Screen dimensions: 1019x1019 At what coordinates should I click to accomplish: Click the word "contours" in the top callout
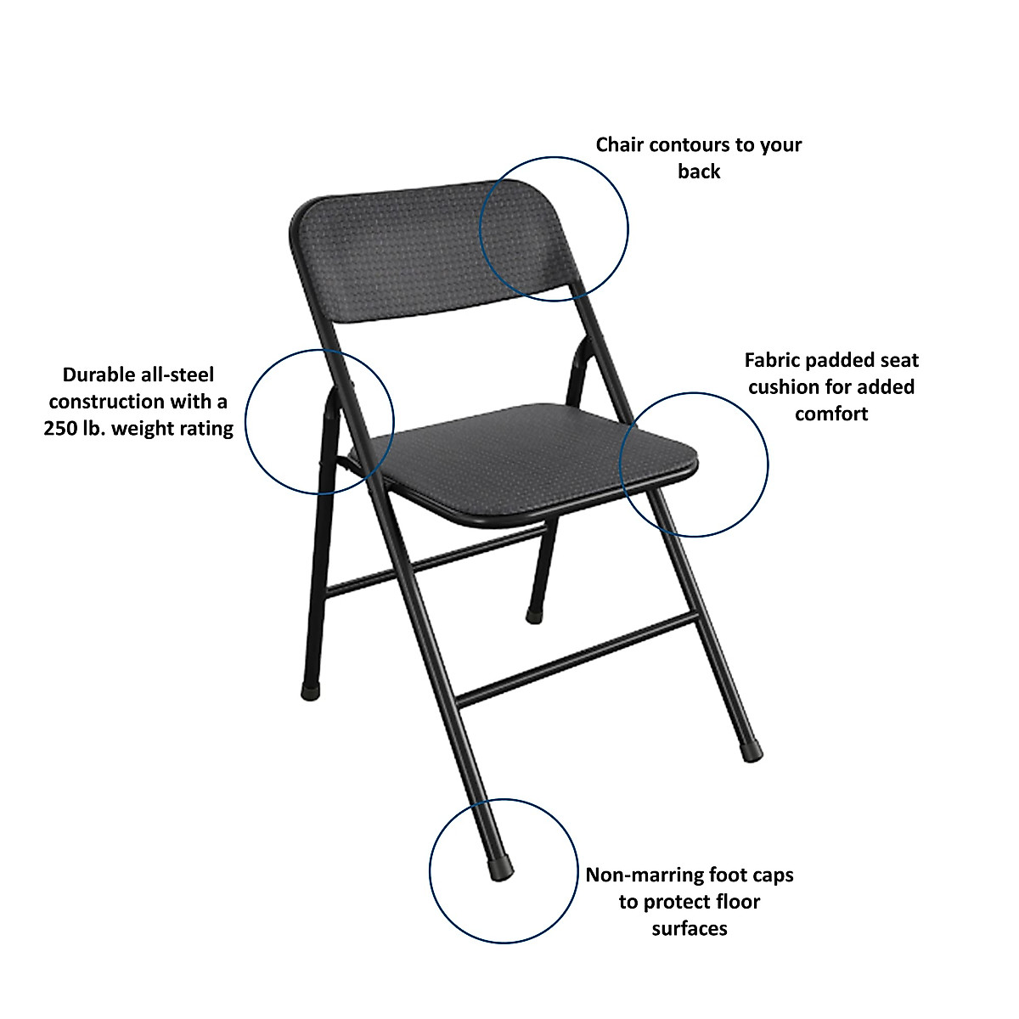pyautogui.click(x=675, y=145)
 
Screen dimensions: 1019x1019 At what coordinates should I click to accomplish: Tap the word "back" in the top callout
pyautogui.click(x=699, y=172)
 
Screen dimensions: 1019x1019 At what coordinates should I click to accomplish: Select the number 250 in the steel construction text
pyautogui.click(x=60, y=428)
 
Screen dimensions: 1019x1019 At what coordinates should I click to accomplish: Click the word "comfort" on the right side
pyautogui.click(x=831, y=414)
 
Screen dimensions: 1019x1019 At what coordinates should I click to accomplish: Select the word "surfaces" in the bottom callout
pyautogui.click(x=690, y=928)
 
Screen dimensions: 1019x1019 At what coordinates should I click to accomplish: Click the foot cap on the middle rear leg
pyautogui.click(x=533, y=615)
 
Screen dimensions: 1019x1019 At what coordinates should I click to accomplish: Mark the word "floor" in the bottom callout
pyautogui.click(x=735, y=902)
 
